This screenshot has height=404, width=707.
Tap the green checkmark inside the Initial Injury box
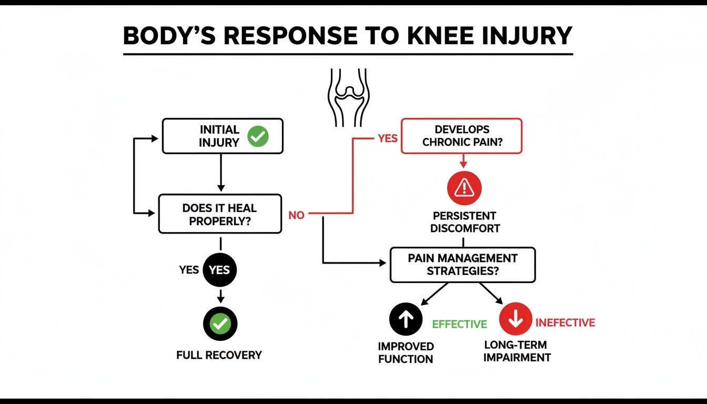tap(258, 136)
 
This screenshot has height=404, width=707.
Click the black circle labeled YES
tap(220, 270)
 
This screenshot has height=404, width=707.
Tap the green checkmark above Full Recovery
tap(220, 324)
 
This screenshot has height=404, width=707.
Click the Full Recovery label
tap(219, 355)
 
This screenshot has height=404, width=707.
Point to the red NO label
tap(296, 215)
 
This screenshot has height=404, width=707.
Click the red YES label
tap(388, 138)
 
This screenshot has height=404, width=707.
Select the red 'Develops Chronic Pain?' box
tap(462, 136)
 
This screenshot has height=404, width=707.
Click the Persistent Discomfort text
tap(464, 223)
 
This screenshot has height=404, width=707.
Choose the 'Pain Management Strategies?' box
tap(462, 265)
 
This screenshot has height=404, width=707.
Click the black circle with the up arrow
tap(406, 319)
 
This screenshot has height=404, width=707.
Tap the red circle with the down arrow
tap(516, 319)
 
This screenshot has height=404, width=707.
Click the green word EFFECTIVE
tap(459, 324)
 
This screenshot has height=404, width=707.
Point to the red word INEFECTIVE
tap(565, 323)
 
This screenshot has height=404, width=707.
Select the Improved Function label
tap(406, 353)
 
